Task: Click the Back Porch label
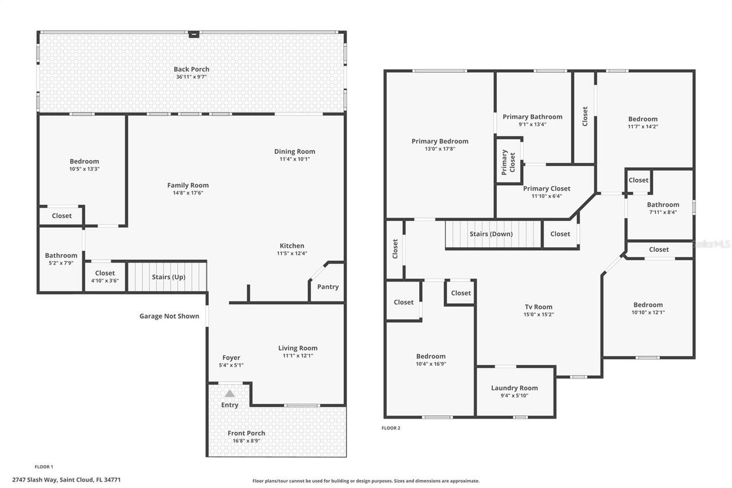191,69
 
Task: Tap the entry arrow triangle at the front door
229,394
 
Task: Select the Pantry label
328,287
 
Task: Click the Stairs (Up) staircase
166,277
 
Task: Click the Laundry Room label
514,388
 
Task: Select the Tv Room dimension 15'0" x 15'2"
539,315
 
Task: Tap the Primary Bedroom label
440,141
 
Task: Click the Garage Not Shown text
169,316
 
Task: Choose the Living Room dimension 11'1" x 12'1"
297,356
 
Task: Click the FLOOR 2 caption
391,428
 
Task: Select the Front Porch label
246,433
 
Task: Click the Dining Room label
295,152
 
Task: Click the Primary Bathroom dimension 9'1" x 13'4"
532,124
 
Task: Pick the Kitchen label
292,246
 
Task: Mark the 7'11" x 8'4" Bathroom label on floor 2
663,205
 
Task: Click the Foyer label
231,358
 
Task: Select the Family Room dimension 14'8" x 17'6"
188,193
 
